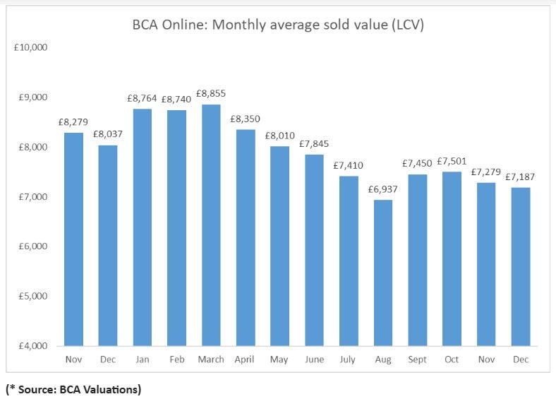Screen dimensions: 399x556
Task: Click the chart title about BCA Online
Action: (278, 25)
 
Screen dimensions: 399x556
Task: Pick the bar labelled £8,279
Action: (73, 239)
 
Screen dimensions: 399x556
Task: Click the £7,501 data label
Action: (452, 162)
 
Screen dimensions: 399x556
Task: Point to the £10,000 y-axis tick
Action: (30, 47)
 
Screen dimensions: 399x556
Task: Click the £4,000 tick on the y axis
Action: (32, 346)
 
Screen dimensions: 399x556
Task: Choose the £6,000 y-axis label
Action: (32, 246)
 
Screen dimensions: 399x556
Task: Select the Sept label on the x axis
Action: (417, 359)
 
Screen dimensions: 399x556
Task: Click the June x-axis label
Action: (314, 359)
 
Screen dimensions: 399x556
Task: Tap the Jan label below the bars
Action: (142, 359)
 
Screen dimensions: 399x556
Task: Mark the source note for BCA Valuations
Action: (73, 388)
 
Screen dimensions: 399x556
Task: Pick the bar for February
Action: (176, 227)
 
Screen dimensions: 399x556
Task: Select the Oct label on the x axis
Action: (452, 359)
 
